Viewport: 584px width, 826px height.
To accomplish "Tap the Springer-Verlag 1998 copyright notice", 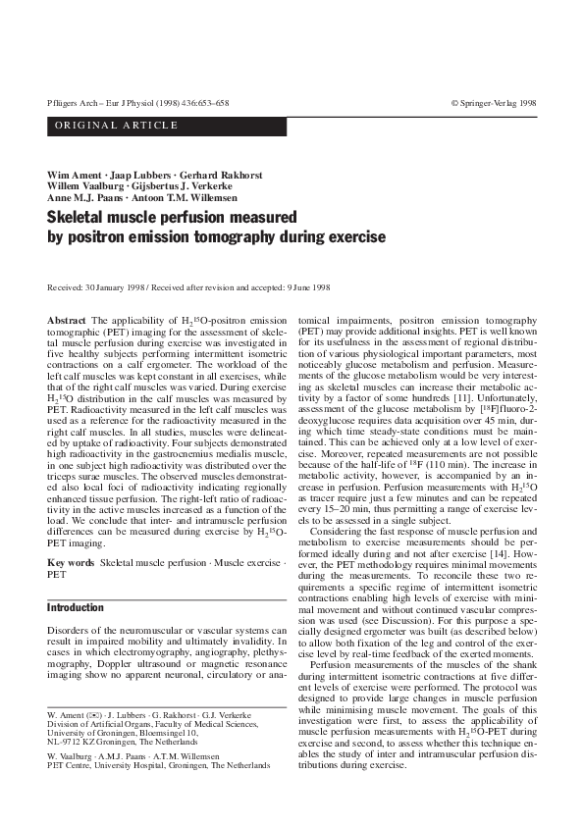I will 493,102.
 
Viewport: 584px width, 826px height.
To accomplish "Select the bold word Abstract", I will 66,321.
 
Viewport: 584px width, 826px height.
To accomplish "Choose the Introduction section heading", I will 76,608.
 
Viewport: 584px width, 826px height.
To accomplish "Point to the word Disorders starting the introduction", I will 70,630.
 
